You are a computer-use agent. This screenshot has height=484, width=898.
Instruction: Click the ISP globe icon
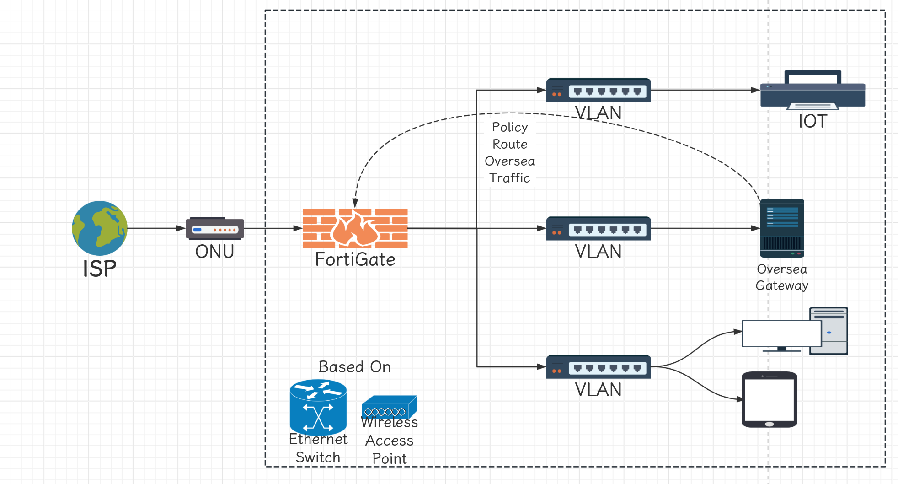pyautogui.click(x=100, y=228)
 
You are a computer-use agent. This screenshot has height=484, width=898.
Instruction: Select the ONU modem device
pyautogui.click(x=215, y=228)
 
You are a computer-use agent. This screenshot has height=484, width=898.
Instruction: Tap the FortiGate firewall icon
pyautogui.click(x=355, y=228)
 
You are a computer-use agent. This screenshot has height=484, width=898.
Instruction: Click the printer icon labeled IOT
pyautogui.click(x=812, y=91)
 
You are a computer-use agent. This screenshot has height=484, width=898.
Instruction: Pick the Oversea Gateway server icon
pyautogui.click(x=782, y=228)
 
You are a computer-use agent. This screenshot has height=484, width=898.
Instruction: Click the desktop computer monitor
pyautogui.click(x=782, y=334)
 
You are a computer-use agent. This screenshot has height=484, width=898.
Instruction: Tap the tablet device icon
pyautogui.click(x=770, y=399)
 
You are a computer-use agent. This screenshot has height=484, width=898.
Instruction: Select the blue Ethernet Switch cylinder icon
pyautogui.click(x=318, y=406)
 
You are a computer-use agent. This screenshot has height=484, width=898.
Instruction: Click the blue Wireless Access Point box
pyautogui.click(x=390, y=407)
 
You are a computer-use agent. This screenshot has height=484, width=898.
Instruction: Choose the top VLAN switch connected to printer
pyautogui.click(x=599, y=90)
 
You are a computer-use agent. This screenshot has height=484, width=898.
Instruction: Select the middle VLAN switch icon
pyautogui.click(x=599, y=228)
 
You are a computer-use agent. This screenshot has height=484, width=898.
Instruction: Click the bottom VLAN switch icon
pyautogui.click(x=599, y=367)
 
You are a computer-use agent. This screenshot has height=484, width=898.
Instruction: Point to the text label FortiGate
pyautogui.click(x=355, y=260)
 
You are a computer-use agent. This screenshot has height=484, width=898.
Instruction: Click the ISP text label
pyautogui.click(x=100, y=269)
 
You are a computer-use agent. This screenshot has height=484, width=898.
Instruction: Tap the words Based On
pyautogui.click(x=355, y=367)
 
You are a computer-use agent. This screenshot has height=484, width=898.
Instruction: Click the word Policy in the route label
pyautogui.click(x=510, y=127)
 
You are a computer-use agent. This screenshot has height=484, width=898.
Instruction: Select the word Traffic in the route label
pyautogui.click(x=510, y=178)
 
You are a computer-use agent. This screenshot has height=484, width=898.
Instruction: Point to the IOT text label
pyautogui.click(x=812, y=121)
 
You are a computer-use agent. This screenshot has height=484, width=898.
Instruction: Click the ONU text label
pyautogui.click(x=215, y=252)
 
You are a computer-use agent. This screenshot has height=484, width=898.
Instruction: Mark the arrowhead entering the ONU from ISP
pyautogui.click(x=182, y=228)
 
